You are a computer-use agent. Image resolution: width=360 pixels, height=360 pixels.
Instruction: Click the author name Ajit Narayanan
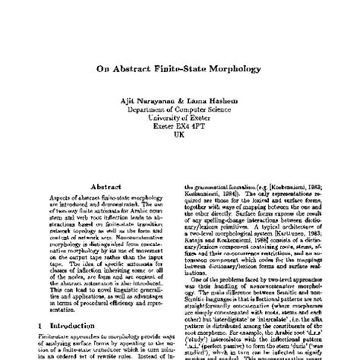(156, 103)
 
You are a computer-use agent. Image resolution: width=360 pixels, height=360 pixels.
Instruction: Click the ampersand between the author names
(186, 103)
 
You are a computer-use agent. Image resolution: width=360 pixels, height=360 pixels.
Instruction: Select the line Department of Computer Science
(179, 112)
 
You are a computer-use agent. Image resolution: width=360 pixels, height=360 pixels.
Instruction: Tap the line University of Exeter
(179, 120)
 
